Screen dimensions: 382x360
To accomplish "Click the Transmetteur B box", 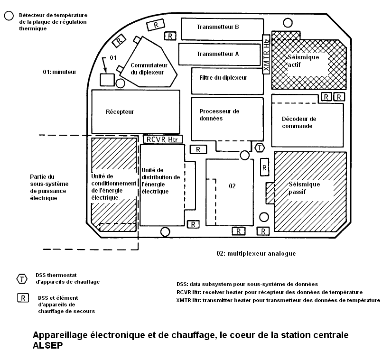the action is coord(222,29).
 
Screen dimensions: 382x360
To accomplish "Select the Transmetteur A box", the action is coord(219,55).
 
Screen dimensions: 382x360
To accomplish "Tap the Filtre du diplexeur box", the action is coord(227,81).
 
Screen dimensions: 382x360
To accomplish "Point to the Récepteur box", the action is coord(135,111).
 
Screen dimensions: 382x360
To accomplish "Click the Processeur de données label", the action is coord(219,115).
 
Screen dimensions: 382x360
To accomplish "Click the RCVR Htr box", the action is coord(162,139).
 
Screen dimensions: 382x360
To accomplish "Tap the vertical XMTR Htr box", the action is coord(266,54).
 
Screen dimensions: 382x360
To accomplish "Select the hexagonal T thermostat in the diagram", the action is coord(260,148).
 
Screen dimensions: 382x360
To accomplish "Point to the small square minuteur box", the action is coord(107,80).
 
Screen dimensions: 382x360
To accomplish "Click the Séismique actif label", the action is coord(303,61).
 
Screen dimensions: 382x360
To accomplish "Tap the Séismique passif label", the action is coord(304,188).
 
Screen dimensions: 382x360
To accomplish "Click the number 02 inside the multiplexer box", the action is coord(232,186).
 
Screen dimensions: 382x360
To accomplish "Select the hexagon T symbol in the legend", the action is coord(22,279).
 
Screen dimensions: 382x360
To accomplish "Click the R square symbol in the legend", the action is coord(23,298).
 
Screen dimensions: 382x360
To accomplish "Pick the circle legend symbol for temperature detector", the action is coord(9,16).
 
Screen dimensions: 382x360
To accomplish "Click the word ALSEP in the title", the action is coord(48,345).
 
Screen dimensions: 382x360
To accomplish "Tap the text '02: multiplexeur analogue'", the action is coord(256,254).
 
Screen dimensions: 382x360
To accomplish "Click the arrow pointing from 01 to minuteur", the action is coord(105,65).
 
